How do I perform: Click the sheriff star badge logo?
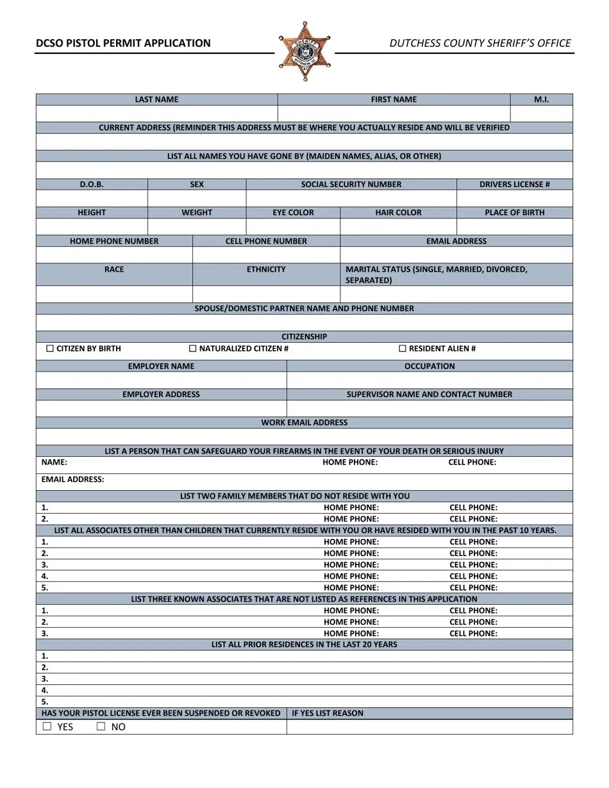[304, 51]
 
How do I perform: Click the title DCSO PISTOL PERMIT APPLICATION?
[122, 43]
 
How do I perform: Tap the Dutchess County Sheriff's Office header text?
[480, 43]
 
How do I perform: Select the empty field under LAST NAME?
[156, 113]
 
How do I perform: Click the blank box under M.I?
[541, 113]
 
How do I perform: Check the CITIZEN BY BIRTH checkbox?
[50, 349]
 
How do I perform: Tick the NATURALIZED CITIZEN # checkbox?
[193, 349]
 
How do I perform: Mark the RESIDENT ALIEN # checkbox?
[403, 349]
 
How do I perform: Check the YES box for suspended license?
[47, 726]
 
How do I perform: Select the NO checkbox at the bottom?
[101, 726]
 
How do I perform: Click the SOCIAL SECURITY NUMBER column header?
[351, 185]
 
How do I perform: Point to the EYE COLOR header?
[293, 213]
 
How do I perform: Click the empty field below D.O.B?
[92, 199]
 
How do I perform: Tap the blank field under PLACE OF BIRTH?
[514, 227]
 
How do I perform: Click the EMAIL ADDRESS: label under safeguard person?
[72, 480]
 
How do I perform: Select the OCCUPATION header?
[430, 366]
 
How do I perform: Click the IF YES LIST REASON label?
[327, 713]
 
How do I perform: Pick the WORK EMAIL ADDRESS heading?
[304, 423]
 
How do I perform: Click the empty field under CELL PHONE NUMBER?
[266, 255]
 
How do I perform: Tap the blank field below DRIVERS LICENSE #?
[514, 199]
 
